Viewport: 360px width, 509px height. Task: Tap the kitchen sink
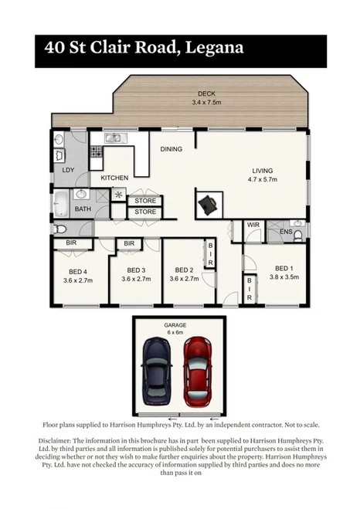click(x=114, y=139)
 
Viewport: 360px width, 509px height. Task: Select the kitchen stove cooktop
click(x=97, y=152)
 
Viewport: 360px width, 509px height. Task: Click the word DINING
click(x=172, y=149)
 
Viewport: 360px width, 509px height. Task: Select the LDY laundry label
click(x=68, y=170)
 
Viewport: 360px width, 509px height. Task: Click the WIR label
click(x=253, y=226)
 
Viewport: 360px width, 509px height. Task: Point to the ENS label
click(x=286, y=231)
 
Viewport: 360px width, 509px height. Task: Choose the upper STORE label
click(x=145, y=201)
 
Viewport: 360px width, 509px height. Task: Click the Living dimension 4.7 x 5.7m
click(x=262, y=180)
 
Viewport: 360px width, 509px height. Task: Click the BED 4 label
click(x=77, y=271)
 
